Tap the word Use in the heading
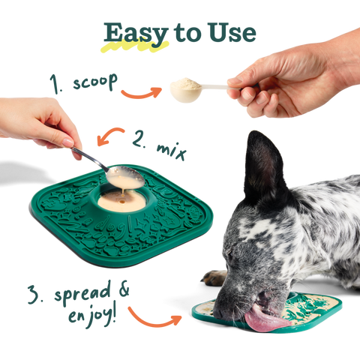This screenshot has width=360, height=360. pos(232,32)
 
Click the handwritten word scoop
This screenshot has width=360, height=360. pos(93,82)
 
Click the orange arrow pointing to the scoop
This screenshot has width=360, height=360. pos(140,94)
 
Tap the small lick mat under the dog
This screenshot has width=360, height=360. pos(300,311)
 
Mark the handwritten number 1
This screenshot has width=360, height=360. pos(54,80)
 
